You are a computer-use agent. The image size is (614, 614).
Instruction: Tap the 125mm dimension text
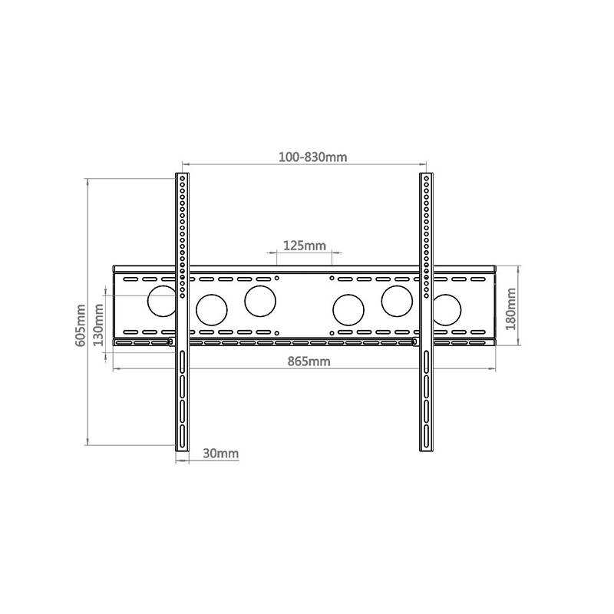[304, 246]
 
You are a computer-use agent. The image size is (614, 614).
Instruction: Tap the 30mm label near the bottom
[220, 454]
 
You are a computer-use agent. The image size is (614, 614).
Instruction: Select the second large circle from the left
[212, 309]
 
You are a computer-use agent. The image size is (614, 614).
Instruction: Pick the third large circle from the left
[260, 300]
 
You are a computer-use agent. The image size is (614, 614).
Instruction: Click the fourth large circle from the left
[348, 309]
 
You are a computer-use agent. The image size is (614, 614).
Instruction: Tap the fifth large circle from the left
[397, 300]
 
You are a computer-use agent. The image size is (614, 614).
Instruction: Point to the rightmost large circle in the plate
[446, 309]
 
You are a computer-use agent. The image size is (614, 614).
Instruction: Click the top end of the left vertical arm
[182, 177]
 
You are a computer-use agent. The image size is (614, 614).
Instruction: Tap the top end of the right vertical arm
[427, 177]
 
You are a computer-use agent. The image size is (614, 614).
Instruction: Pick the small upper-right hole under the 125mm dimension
[331, 277]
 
